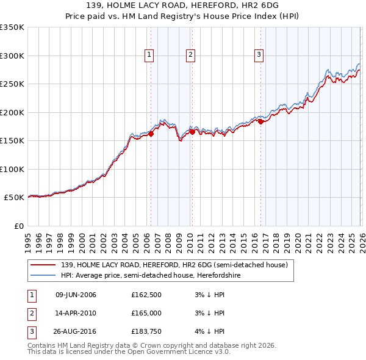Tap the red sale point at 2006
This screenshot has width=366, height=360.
[151, 134]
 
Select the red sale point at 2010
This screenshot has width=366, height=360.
[192, 132]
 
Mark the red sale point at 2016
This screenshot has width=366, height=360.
[260, 121]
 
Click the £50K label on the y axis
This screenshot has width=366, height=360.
[14, 198]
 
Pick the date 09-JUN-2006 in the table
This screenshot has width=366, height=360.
[76, 295]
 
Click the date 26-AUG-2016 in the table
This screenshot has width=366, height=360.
[76, 331]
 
